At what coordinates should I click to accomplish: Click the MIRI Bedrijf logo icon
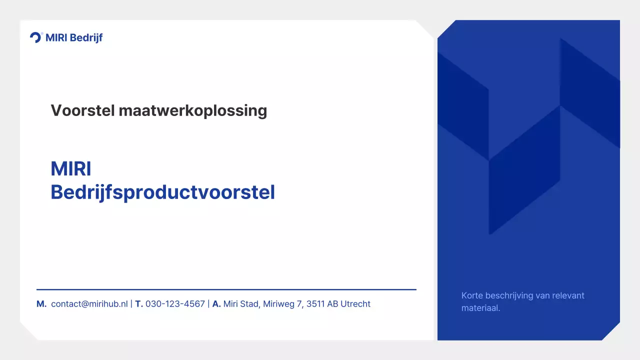tap(36, 37)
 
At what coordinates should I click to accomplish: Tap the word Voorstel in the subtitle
tap(82, 110)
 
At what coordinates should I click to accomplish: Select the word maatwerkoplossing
tap(193, 110)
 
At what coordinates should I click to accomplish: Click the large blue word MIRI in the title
tap(70, 169)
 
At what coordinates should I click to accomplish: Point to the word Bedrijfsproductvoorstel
tap(162, 192)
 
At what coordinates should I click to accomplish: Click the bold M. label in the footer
tap(41, 304)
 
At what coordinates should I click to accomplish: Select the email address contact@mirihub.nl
tap(89, 304)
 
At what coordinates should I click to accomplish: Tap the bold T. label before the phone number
tap(139, 304)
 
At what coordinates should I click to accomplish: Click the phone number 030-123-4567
tap(175, 304)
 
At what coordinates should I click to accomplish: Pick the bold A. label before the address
tap(216, 304)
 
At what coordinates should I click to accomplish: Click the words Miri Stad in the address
tap(241, 304)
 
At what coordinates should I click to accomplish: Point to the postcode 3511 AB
tap(322, 304)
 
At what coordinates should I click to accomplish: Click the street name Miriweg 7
tap(283, 304)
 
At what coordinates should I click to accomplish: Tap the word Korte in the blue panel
tap(472, 295)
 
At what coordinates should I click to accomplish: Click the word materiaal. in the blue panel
tap(480, 308)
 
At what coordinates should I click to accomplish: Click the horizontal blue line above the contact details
tap(226, 289)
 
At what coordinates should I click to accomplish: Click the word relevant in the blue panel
tap(568, 295)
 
